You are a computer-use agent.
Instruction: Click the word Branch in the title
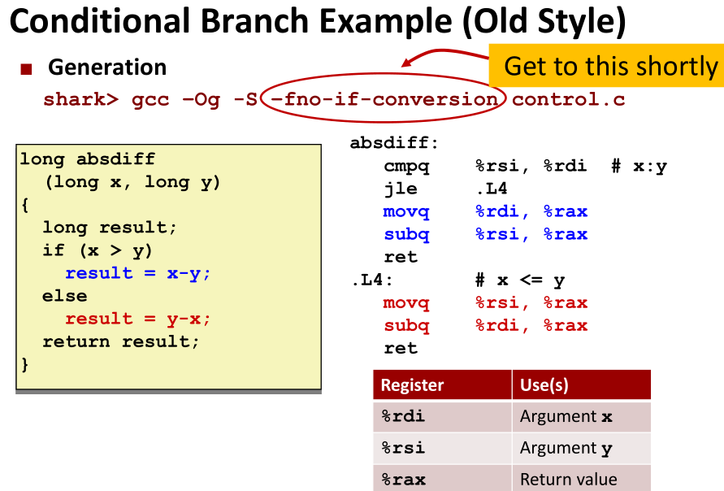(x=254, y=21)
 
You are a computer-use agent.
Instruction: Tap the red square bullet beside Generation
(x=26, y=69)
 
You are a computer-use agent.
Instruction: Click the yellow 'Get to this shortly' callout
(x=606, y=66)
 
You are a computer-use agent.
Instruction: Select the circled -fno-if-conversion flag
(x=384, y=99)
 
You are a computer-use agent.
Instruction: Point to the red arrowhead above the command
(x=407, y=63)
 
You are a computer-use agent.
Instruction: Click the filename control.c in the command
(x=569, y=99)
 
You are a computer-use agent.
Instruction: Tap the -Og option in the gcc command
(x=202, y=100)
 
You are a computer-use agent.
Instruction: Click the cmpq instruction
(x=406, y=167)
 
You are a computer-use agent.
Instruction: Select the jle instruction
(x=401, y=189)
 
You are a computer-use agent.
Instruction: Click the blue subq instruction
(x=406, y=235)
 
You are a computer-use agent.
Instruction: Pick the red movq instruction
(x=406, y=303)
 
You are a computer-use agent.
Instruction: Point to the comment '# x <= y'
(x=520, y=280)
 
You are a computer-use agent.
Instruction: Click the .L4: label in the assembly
(x=372, y=280)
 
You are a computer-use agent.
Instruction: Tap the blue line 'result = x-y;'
(x=137, y=273)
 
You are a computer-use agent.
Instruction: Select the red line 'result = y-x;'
(x=137, y=319)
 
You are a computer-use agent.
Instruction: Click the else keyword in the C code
(x=65, y=296)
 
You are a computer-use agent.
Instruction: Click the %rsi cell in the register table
(x=442, y=448)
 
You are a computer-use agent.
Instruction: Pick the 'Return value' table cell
(x=581, y=479)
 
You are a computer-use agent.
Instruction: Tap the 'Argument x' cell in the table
(x=581, y=417)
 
